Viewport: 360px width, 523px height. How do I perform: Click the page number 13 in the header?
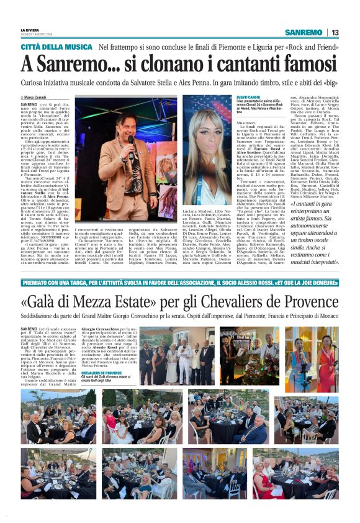(335, 32)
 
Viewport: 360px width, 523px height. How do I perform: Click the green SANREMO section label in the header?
(304, 32)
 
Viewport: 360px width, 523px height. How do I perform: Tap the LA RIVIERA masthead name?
(29, 29)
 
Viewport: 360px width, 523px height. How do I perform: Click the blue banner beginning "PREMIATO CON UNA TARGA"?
(180, 281)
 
